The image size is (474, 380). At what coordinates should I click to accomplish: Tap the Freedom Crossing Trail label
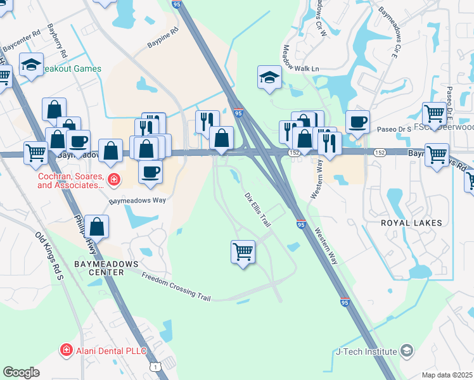click(179, 286)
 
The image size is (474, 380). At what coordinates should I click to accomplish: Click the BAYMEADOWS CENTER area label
click(98, 267)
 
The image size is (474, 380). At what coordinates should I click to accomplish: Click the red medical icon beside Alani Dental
click(66, 350)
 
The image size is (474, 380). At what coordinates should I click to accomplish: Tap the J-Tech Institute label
click(367, 351)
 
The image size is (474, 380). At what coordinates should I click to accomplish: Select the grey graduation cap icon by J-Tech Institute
click(407, 351)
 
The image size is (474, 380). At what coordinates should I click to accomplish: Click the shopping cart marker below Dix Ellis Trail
click(243, 252)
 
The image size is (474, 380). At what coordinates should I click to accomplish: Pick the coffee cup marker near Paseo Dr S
click(358, 122)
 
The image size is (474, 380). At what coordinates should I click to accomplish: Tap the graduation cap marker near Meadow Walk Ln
click(269, 78)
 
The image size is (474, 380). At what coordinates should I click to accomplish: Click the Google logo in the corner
click(22, 372)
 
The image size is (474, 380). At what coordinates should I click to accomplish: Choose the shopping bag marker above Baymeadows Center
click(96, 226)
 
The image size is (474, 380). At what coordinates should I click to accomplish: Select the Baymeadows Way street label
click(137, 200)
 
